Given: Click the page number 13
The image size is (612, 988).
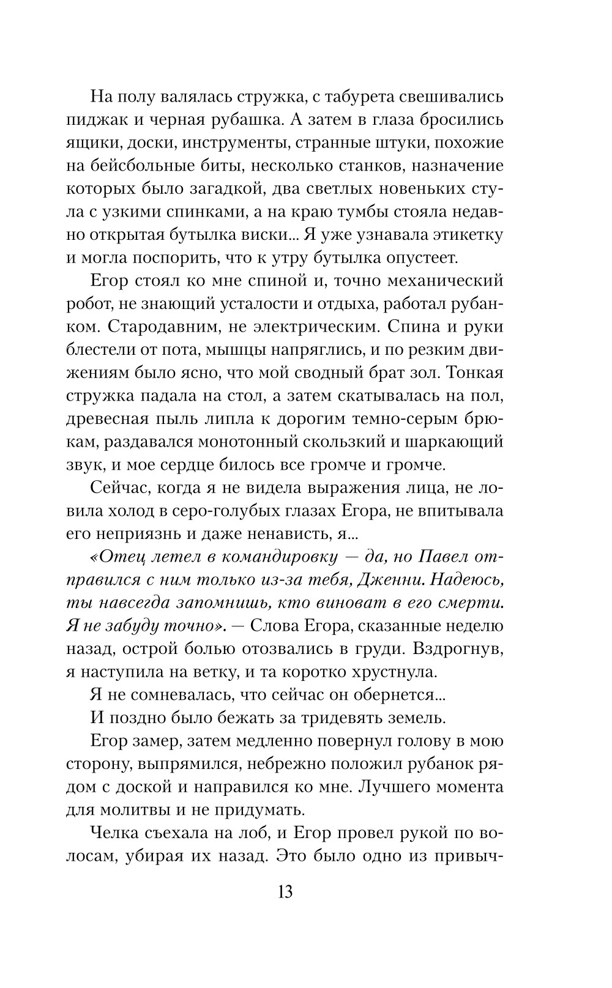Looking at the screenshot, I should coord(285,891).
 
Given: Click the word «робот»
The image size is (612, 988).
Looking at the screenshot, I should coord(87,305).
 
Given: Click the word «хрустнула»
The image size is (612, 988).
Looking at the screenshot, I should coord(389,672).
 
